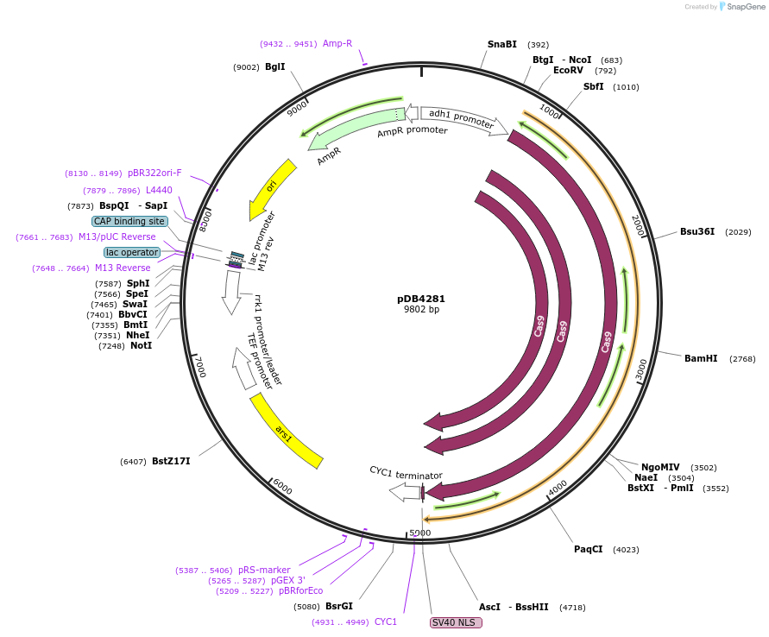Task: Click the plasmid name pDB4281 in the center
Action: pos(421,299)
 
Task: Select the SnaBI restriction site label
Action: pos(501,44)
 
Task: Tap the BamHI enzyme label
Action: pos(700,358)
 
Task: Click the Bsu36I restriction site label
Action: pos(697,231)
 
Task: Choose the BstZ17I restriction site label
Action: pos(171,461)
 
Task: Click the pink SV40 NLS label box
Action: pos(452,622)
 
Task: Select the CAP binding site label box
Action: pos(129,221)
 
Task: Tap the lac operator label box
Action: pos(132,252)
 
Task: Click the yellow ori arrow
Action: pos(272,187)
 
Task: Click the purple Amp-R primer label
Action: pos(337,43)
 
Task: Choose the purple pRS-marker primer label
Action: pos(264,570)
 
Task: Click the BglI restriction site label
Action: pos(274,66)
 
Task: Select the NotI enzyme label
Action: pos(141,345)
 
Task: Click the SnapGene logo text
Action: pos(747,7)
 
